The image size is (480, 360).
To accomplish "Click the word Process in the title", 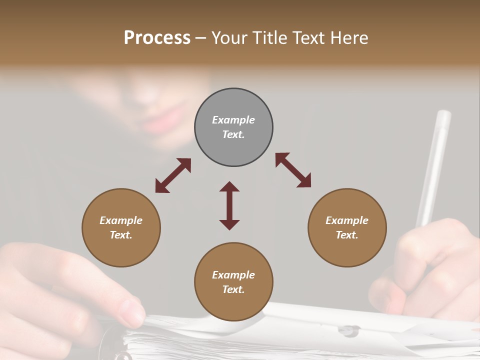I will [157, 38].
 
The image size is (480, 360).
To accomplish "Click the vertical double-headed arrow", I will [229, 205].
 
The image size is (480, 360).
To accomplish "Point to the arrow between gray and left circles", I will [173, 175].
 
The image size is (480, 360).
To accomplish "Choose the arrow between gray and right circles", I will [293, 170].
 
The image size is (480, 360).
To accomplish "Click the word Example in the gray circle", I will [233, 120].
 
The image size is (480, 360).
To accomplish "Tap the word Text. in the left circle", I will [121, 235].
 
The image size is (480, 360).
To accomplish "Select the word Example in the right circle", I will [347, 220].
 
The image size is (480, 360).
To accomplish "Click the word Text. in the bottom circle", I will [233, 289].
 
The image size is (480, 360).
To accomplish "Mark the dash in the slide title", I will [201, 38].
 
